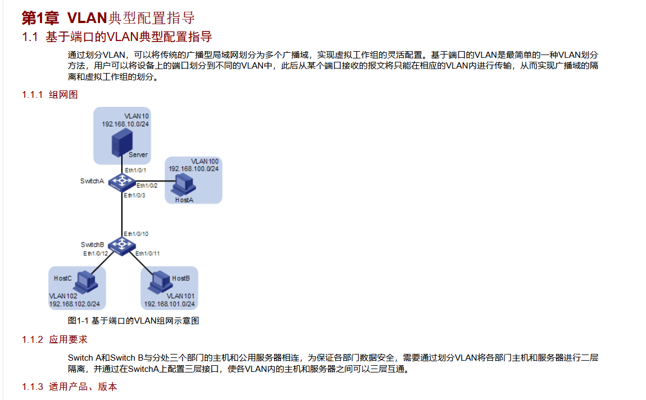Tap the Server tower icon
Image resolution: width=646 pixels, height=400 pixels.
pyautogui.click(x=122, y=142)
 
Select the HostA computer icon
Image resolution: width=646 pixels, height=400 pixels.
pyautogui.click(x=183, y=184)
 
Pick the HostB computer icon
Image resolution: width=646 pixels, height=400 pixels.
pyautogui.click(x=159, y=281)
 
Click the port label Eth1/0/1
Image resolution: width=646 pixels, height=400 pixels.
pyautogui.click(x=135, y=170)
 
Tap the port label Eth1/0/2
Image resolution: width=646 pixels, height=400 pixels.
pyautogui.click(x=147, y=185)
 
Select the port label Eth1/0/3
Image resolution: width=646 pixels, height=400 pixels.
pyautogui.click(x=134, y=196)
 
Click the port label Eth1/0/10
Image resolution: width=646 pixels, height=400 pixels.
pyautogui.click(x=136, y=234)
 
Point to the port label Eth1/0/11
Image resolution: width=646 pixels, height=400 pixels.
pyautogui.click(x=148, y=253)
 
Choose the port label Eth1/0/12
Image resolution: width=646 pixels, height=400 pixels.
pyautogui.click(x=96, y=253)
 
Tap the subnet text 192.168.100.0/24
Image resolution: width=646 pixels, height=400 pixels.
pyautogui.click(x=193, y=169)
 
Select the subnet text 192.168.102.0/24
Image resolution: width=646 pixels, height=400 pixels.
pyautogui.click(x=74, y=304)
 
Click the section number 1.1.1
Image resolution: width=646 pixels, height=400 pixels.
pyautogui.click(x=32, y=94)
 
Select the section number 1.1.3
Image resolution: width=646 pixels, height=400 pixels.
pyautogui.click(x=32, y=387)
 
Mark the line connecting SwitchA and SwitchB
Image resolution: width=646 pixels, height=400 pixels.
pyautogui.click(x=122, y=213)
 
